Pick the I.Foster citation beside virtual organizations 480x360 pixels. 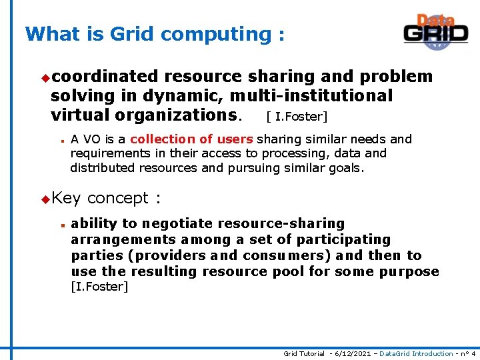click(x=297, y=117)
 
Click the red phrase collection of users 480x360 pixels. click(x=191, y=139)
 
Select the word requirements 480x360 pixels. click(x=104, y=153)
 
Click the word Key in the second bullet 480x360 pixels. click(x=65, y=198)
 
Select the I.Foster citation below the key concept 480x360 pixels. click(x=99, y=287)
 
